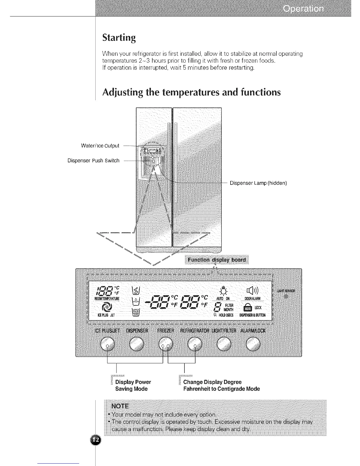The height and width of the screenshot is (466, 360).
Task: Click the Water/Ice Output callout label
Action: [x=100, y=146]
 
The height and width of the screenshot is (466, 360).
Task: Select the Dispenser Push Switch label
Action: [x=94, y=161]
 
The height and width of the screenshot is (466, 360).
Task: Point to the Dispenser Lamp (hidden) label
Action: [x=258, y=183]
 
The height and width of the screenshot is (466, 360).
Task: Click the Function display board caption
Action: [x=216, y=260]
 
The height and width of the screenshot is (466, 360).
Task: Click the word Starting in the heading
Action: [x=119, y=38]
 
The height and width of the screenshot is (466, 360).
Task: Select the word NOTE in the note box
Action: [x=120, y=406]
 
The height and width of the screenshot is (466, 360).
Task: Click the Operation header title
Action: [x=304, y=9]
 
